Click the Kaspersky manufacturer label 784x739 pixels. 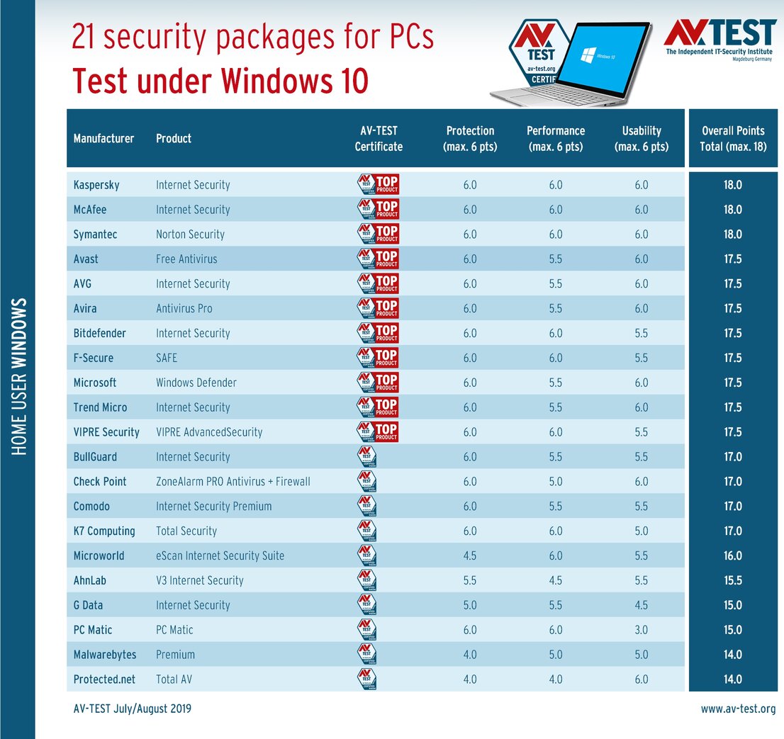96,185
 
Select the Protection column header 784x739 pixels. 470,139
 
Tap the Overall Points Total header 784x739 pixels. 733,139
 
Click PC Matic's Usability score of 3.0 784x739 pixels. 642,630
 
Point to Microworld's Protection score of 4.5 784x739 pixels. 470,555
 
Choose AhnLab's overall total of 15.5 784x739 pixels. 733,580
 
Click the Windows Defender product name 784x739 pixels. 196,383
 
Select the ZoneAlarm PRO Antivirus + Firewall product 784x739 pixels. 233,482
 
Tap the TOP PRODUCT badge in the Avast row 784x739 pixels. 378,259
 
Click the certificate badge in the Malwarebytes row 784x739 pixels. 366,655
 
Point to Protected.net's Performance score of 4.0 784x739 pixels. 556,679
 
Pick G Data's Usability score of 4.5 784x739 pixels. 642,605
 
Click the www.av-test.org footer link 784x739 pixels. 738,709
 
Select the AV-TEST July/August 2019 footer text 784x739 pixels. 132,709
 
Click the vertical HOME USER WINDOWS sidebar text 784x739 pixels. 19,376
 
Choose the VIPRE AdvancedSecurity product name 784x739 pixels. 209,432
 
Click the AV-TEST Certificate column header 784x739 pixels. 379,139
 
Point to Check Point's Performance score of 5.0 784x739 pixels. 556,482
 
